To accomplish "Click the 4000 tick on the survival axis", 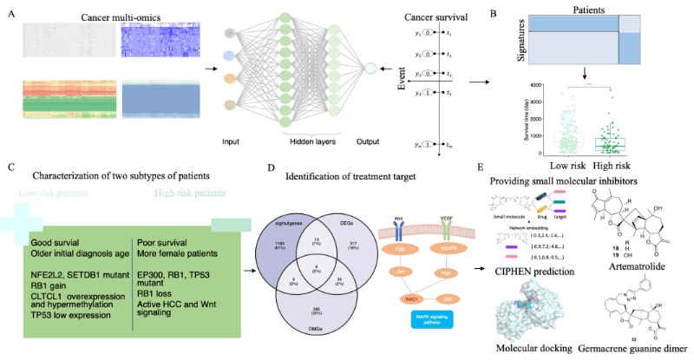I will (x=536, y=85).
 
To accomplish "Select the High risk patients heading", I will (x=189, y=193).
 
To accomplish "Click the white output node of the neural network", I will (x=370, y=69).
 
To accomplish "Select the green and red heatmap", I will (x=66, y=98).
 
